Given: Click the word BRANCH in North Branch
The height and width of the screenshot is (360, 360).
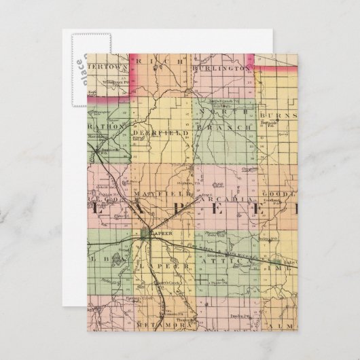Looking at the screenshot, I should [223, 127].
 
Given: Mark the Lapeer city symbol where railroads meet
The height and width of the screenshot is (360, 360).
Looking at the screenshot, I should [148, 233].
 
